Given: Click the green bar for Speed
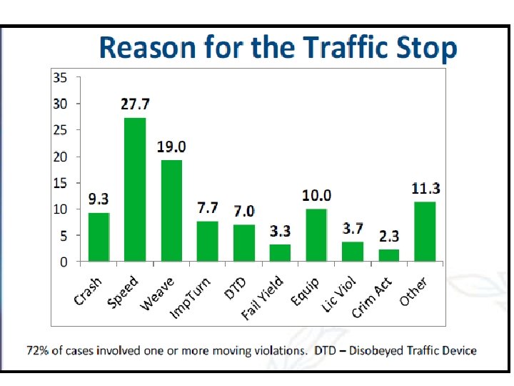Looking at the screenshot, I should (x=135, y=189).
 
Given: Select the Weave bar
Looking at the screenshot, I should (x=171, y=211).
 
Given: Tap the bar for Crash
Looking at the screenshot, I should (x=99, y=237).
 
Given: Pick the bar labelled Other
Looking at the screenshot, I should (x=425, y=232).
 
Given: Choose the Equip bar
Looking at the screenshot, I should (x=316, y=235).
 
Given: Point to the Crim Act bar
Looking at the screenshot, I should (x=388, y=255).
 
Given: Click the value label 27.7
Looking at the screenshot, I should (x=135, y=104).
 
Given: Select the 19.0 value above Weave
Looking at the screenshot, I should (x=171, y=147).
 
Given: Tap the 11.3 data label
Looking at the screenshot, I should (x=425, y=189).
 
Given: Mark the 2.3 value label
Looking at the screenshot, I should (x=389, y=236).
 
